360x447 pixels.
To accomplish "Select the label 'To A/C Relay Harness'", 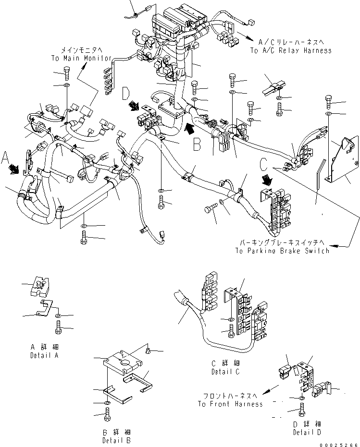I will [x=290, y=50].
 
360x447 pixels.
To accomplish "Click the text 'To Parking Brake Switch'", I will [x=282, y=251].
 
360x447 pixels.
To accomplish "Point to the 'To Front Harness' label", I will [x=230, y=404].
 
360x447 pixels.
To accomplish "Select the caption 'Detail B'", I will [x=116, y=440].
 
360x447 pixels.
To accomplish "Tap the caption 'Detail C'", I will [x=225, y=372].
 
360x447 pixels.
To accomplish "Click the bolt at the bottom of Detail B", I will [x=107, y=415].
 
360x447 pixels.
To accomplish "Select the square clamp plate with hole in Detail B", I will [x=124, y=363].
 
